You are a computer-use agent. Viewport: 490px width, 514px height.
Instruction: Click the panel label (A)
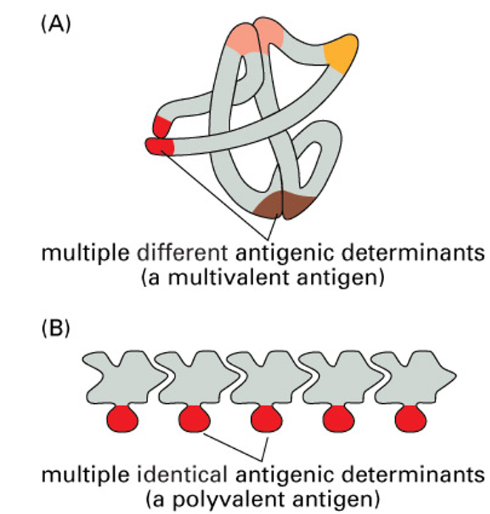click(56, 23)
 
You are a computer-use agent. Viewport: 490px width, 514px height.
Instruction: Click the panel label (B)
click(56, 327)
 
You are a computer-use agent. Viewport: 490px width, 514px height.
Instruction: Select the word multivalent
click(249, 277)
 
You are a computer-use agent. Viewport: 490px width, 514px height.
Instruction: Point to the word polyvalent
click(249, 496)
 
